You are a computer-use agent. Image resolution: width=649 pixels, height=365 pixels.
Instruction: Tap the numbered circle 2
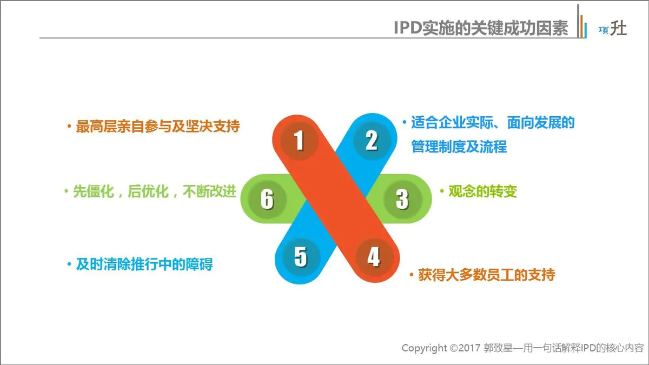coord(371,141)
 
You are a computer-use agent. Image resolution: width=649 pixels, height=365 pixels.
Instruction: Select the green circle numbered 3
coord(401,198)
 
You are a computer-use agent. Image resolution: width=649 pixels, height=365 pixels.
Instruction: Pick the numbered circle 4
coord(373,257)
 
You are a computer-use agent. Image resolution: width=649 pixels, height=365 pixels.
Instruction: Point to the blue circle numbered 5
coord(301,257)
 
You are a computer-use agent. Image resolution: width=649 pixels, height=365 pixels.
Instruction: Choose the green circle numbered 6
coord(267,199)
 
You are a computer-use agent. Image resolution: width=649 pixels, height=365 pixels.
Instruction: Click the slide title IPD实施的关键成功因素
coord(481,28)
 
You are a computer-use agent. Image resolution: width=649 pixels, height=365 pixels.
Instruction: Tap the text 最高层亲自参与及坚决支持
coord(157,127)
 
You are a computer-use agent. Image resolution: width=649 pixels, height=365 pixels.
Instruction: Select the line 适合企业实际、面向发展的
coord(493,122)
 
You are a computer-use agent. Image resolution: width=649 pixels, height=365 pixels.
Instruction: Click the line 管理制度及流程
coord(459,147)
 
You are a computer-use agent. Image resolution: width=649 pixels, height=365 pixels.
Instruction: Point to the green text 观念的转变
coord(482,191)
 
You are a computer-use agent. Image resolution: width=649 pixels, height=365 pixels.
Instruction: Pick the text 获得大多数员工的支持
coord(486,275)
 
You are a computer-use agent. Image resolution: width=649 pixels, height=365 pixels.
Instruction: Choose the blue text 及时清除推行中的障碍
coord(144,264)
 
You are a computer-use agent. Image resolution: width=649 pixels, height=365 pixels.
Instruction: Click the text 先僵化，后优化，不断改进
coord(155,192)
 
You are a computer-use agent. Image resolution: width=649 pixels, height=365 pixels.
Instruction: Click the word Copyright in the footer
coord(424,348)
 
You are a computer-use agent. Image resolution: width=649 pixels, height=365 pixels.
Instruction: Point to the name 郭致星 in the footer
coord(498,348)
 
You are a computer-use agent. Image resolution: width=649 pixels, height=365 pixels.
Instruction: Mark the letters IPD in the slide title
coord(408,28)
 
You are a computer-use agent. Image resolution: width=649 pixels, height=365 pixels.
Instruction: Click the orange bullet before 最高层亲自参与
coord(69,127)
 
